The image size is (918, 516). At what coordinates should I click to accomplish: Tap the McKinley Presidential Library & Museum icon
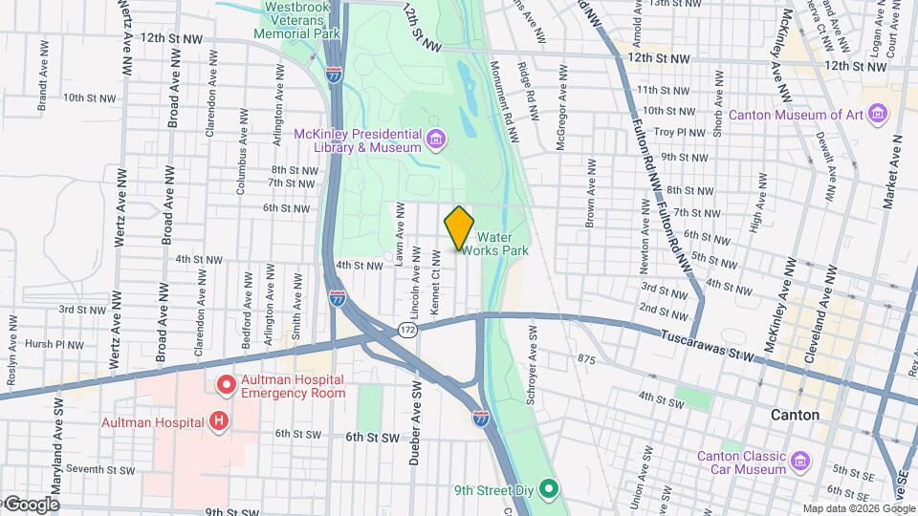(436, 140)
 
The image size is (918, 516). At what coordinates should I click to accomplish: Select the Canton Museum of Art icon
(880, 116)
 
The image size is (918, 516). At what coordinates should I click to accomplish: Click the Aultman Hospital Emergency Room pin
(227, 385)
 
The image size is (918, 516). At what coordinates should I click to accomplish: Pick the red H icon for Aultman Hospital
(220, 420)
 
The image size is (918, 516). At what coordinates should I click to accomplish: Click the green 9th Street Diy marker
(548, 492)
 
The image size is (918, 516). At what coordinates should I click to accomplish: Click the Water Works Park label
(502, 243)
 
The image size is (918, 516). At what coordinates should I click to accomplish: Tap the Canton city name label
(795, 415)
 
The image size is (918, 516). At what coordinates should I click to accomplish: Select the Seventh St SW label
(94, 469)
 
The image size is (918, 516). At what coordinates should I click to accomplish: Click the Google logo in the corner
(31, 505)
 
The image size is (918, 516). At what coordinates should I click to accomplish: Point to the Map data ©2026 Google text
(859, 508)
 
